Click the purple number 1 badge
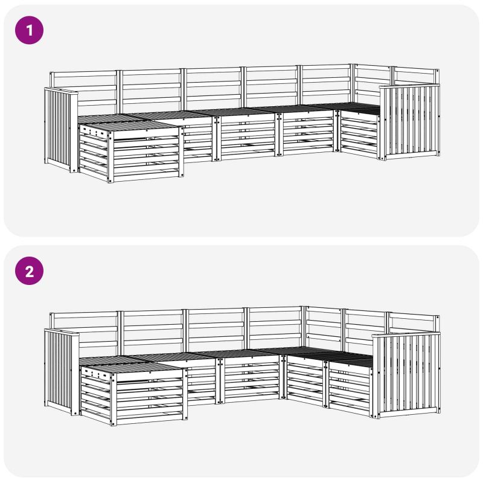pyautogui.click(x=29, y=30)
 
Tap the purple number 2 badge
pyautogui.click(x=29, y=270)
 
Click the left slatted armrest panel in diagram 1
pyautogui.click(x=61, y=129)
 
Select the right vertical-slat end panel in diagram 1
pyautogui.click(x=410, y=122)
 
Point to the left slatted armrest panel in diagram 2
pyautogui.click(x=61, y=371)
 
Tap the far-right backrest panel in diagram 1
pyautogui.click(x=416, y=77)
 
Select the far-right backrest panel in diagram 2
pyautogui.click(x=414, y=324)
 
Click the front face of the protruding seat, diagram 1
pyautogui.click(x=147, y=155)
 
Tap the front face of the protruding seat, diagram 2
pyautogui.click(x=150, y=397)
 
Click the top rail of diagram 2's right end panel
pyautogui.click(x=406, y=335)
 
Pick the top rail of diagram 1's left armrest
pyautogui.click(x=61, y=91)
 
